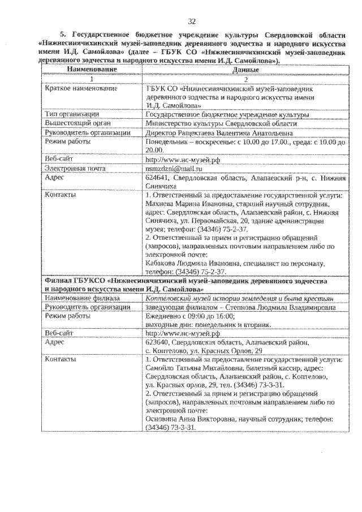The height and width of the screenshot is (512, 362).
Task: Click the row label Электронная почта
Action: pos(76,169)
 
